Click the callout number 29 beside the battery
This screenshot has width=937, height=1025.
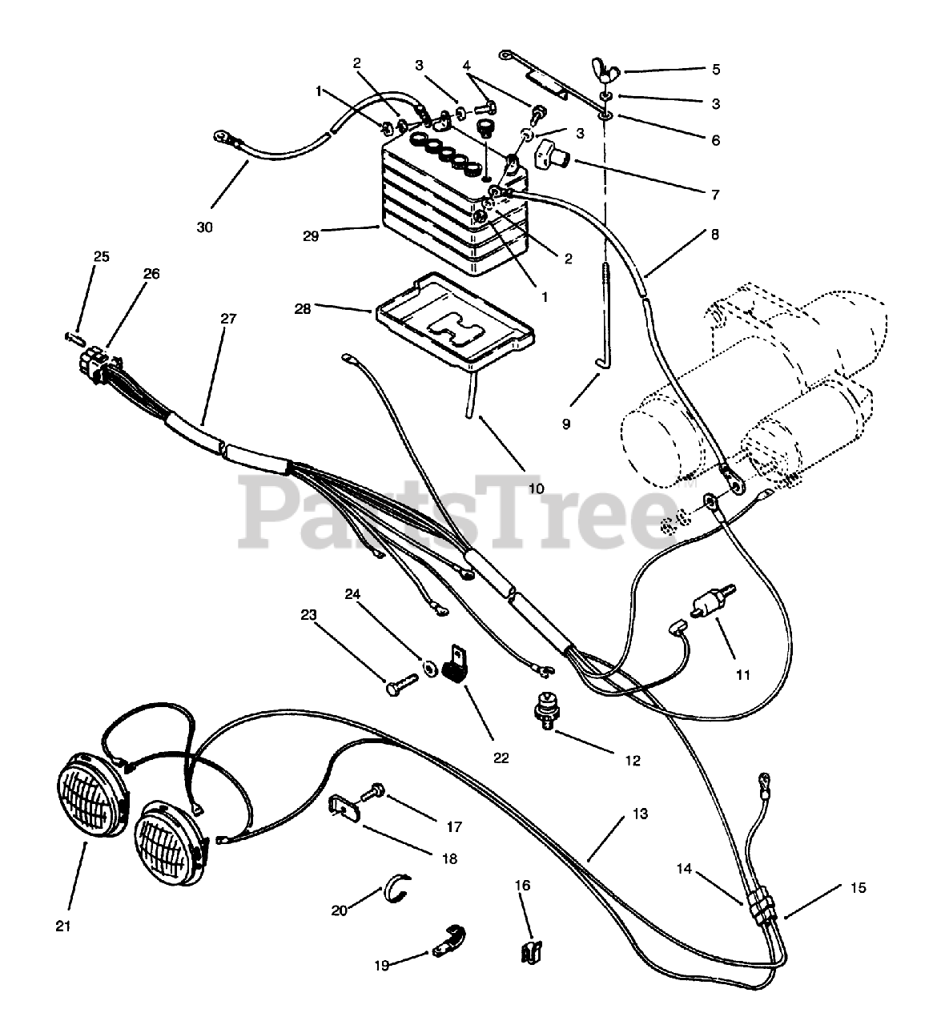click(x=312, y=235)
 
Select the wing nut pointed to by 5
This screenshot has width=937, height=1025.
click(x=606, y=71)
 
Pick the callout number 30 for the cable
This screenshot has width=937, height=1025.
click(x=205, y=227)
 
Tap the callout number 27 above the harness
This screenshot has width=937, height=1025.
click(x=229, y=318)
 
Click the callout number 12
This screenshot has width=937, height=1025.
click(x=633, y=760)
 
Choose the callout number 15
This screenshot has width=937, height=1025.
click(x=858, y=887)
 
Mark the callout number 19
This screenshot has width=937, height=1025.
click(x=381, y=965)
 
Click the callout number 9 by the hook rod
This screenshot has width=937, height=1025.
click(x=566, y=424)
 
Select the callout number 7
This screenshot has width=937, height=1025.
click(x=712, y=194)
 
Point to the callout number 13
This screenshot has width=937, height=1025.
click(x=640, y=813)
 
